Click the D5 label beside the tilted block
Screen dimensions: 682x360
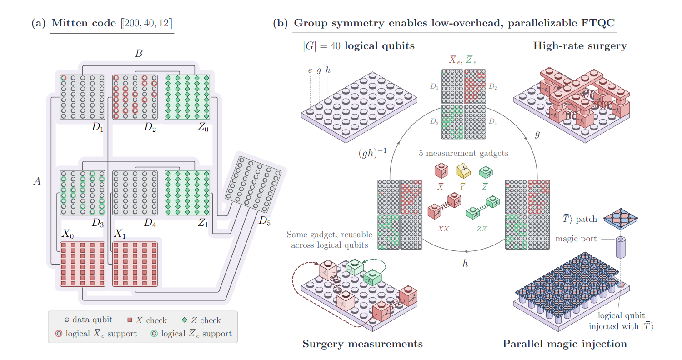(x=264, y=221)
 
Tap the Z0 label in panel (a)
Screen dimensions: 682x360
(x=203, y=127)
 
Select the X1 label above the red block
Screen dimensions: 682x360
(x=120, y=234)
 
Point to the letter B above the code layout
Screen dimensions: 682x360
(x=139, y=53)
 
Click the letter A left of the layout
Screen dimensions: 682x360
(x=37, y=181)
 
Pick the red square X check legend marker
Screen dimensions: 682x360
(x=130, y=320)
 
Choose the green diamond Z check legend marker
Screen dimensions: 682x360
(x=185, y=320)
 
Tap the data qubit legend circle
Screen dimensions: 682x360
(x=67, y=320)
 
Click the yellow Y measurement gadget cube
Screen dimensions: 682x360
(x=463, y=171)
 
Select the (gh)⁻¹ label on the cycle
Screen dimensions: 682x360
(x=372, y=152)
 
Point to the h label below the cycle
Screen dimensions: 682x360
(x=465, y=263)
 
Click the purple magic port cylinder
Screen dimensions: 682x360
(x=621, y=247)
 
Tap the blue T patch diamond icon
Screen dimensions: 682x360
(x=621, y=219)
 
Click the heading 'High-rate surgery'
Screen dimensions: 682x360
(x=580, y=46)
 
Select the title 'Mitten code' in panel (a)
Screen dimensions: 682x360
(x=84, y=23)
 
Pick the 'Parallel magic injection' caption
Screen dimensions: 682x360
(x=565, y=344)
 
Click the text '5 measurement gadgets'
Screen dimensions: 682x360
(x=463, y=153)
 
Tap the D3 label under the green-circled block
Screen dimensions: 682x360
(x=98, y=223)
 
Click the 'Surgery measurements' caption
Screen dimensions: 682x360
(x=363, y=344)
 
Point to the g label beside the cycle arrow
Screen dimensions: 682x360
(x=537, y=134)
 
